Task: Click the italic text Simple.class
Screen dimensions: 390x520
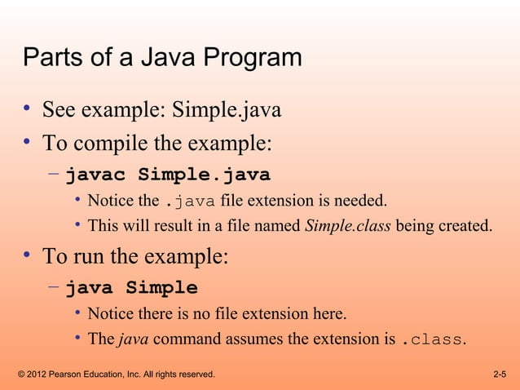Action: coord(348,225)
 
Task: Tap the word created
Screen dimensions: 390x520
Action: coord(465,225)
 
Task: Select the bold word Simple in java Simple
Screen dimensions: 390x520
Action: coord(161,288)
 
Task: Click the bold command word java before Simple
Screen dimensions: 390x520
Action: coord(91,288)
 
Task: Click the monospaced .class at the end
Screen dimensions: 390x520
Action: coord(432,339)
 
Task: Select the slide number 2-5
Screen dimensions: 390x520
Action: coord(500,374)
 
